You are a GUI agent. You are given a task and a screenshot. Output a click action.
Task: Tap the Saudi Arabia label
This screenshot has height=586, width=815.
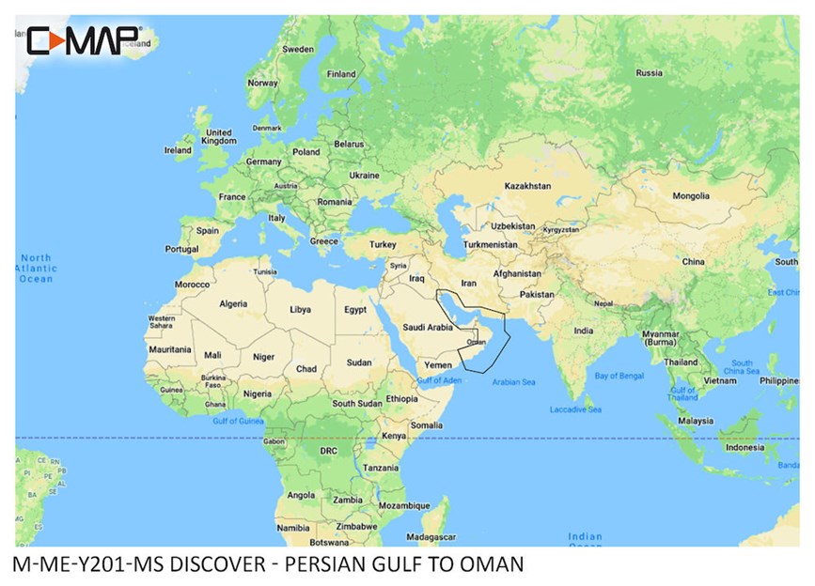(x=428, y=328)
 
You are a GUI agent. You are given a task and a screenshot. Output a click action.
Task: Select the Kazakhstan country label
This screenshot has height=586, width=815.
(x=526, y=186)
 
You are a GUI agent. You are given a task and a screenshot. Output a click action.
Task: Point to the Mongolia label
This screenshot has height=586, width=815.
(x=691, y=196)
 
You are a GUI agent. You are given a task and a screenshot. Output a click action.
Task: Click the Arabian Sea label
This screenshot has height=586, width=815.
(x=513, y=382)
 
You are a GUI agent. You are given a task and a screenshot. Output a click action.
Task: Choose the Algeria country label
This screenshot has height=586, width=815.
(x=232, y=303)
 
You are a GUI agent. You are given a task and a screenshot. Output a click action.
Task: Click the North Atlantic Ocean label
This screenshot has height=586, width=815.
(x=38, y=268)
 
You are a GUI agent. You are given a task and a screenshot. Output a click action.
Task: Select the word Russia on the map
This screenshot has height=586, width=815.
(x=649, y=72)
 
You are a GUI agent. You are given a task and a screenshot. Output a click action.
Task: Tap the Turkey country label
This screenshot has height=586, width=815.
(x=383, y=244)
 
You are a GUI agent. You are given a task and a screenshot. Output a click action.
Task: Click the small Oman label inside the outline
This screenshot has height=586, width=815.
(x=477, y=342)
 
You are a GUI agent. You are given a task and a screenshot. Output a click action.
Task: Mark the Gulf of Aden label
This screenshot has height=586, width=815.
(x=439, y=379)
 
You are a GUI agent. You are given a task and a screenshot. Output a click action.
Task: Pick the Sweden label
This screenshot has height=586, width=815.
(x=298, y=49)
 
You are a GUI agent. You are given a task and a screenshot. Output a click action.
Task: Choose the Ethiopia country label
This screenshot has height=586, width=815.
(x=401, y=398)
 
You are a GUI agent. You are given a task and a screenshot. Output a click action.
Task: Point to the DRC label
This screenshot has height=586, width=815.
(x=328, y=451)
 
